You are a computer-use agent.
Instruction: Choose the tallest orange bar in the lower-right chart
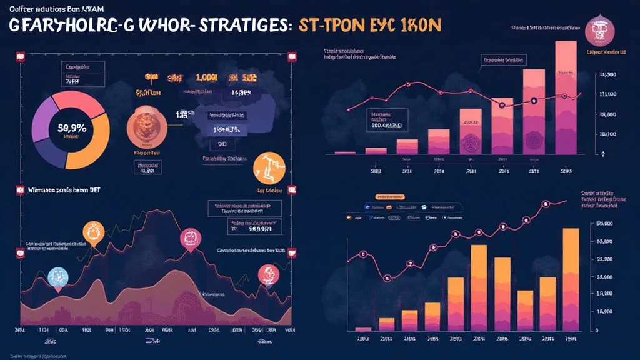(x=571, y=279)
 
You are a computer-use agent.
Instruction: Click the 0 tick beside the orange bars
(x=597, y=331)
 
